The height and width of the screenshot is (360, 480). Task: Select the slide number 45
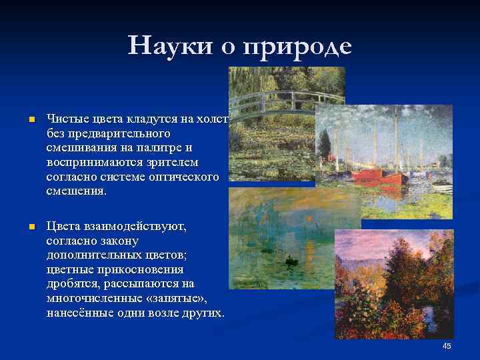(x=447, y=345)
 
